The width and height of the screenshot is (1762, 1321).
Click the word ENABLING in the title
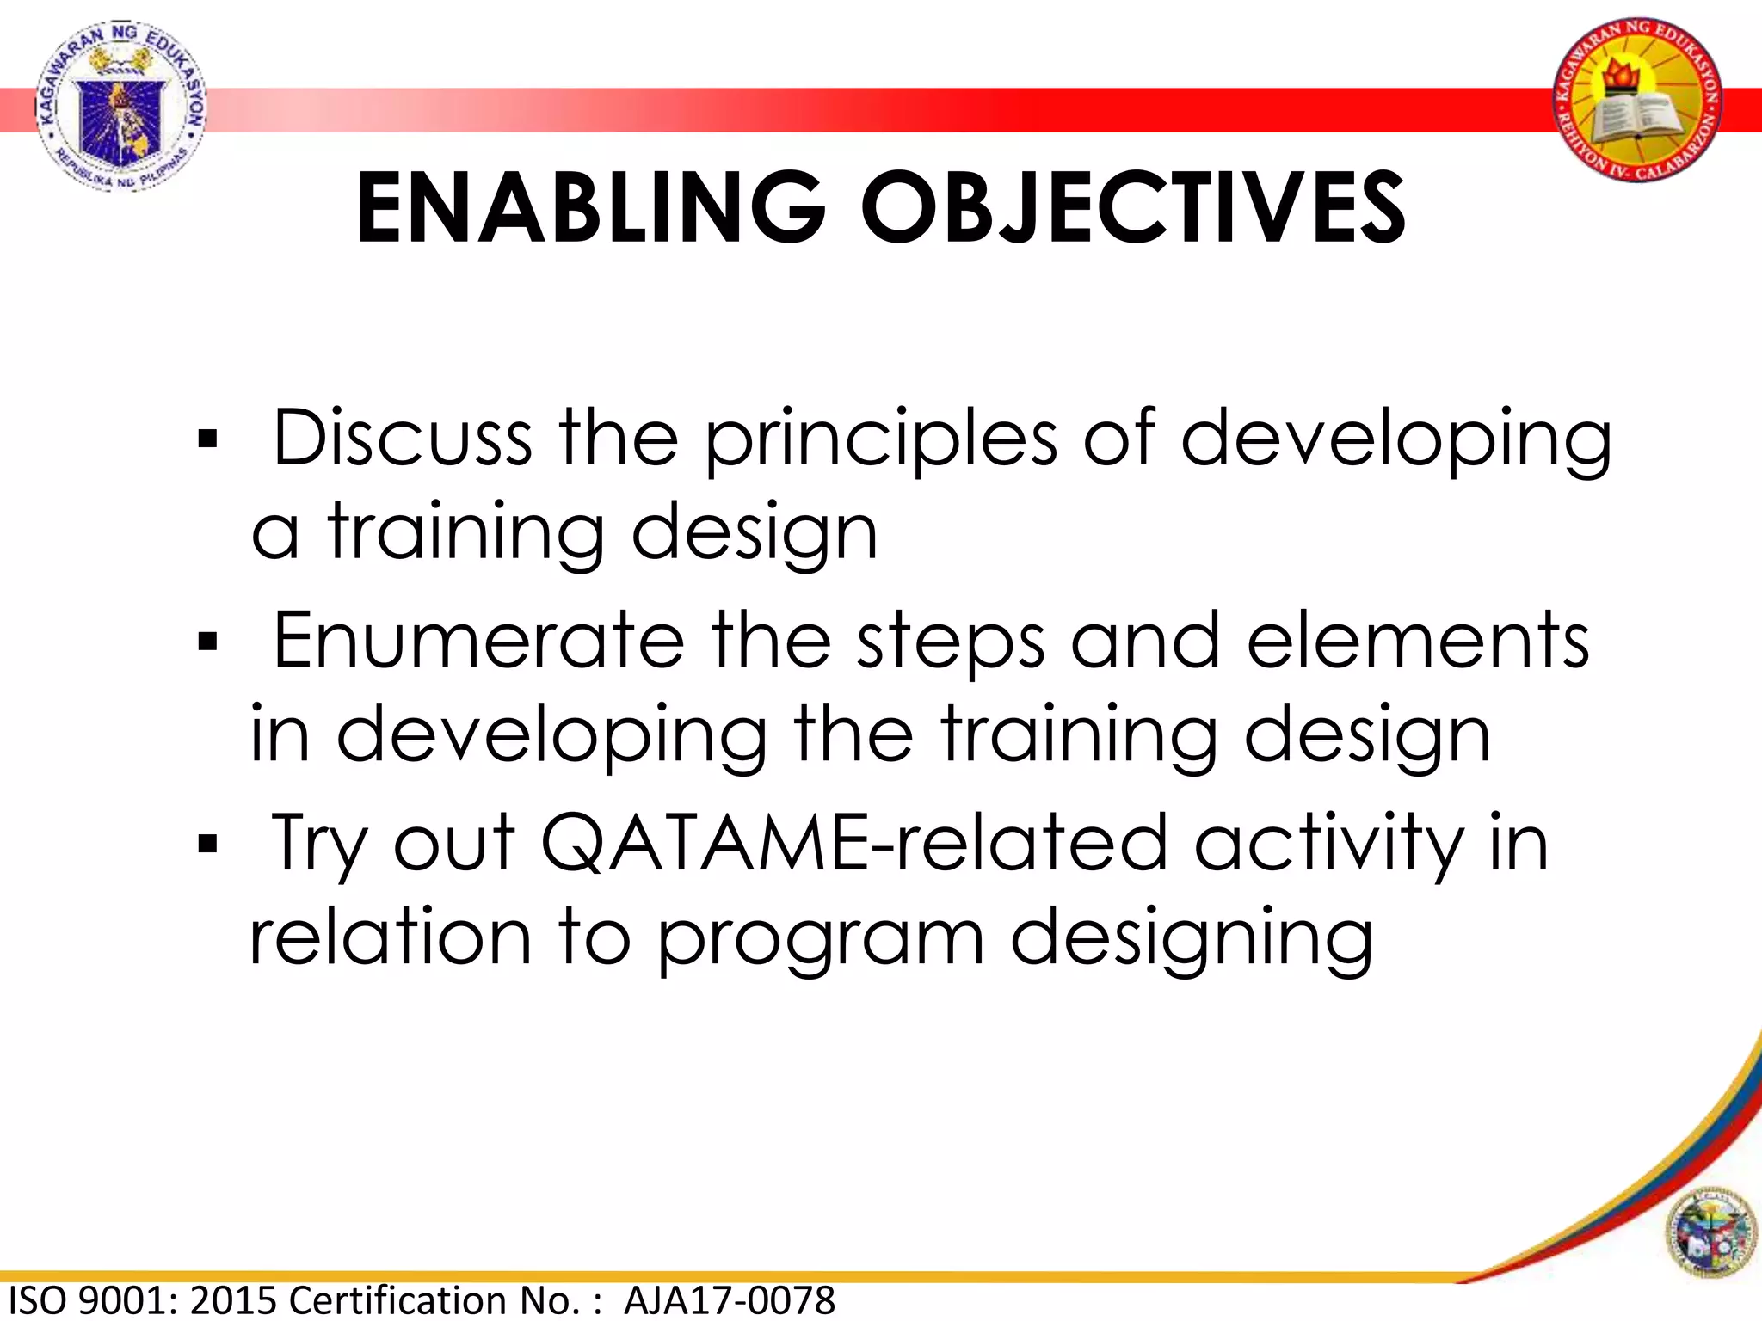pos(590,209)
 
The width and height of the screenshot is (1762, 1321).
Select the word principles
pos(881,440)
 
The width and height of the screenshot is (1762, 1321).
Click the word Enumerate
pos(478,641)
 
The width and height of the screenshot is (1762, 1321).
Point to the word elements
pos(1418,641)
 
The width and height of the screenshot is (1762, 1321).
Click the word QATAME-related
pos(853,844)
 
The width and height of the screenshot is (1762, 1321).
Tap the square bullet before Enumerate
pos(207,642)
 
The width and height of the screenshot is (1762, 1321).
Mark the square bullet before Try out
pos(207,844)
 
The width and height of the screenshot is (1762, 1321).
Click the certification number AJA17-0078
pos(730,1300)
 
